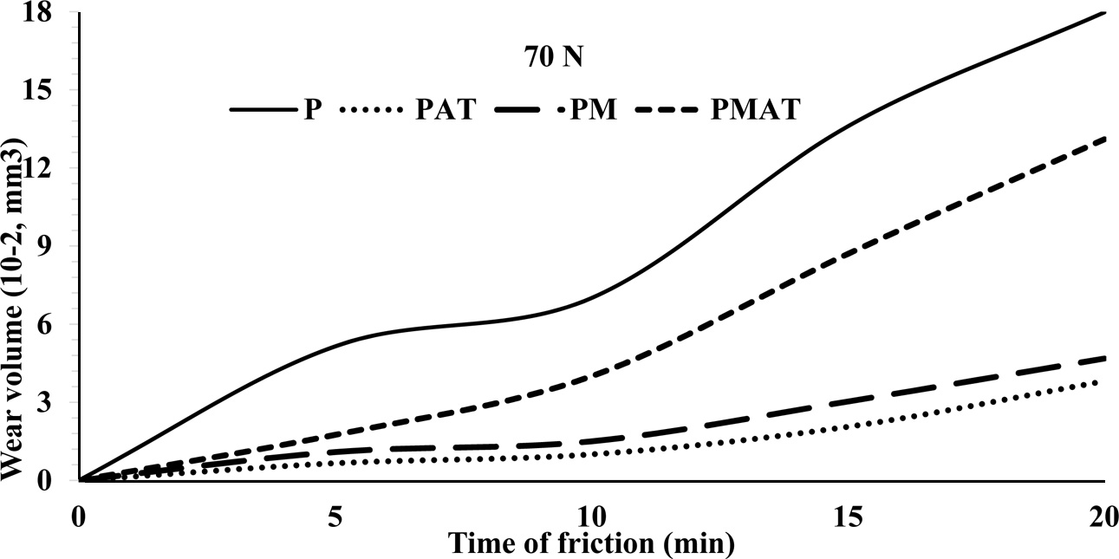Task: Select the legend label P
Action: point(309,110)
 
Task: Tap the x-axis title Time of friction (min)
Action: point(590,544)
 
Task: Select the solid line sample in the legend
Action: point(261,110)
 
